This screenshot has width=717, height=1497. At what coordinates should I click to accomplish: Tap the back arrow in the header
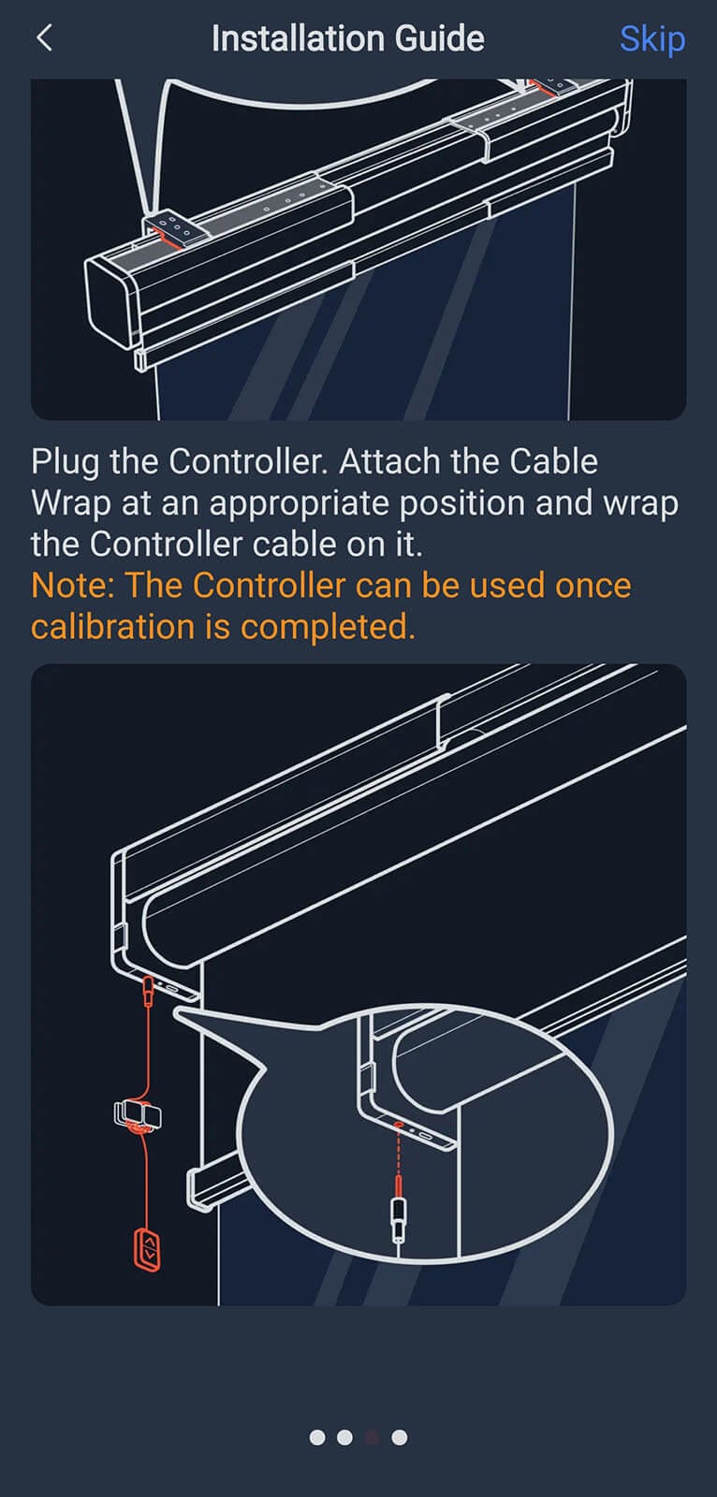point(44,38)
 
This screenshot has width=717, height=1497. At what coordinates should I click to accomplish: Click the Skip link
point(651,39)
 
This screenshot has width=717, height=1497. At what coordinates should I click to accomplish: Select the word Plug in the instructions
point(66,461)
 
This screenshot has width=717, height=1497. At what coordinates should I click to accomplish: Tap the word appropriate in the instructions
point(300,503)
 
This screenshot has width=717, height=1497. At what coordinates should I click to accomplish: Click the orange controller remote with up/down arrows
point(146,1249)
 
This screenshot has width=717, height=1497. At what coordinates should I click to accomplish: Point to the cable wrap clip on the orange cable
point(138,1114)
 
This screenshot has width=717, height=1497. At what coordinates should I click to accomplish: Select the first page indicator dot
point(317,1437)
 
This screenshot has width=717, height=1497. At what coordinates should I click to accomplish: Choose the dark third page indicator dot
point(372,1437)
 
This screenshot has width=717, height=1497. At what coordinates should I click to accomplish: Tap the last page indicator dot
point(400,1437)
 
